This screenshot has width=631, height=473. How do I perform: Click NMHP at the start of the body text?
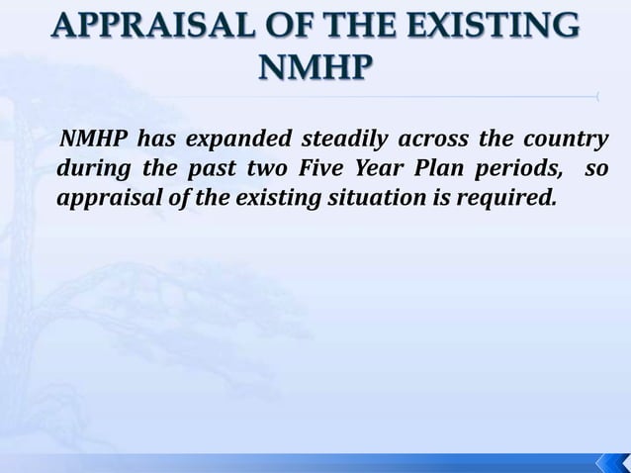click(x=96, y=137)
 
